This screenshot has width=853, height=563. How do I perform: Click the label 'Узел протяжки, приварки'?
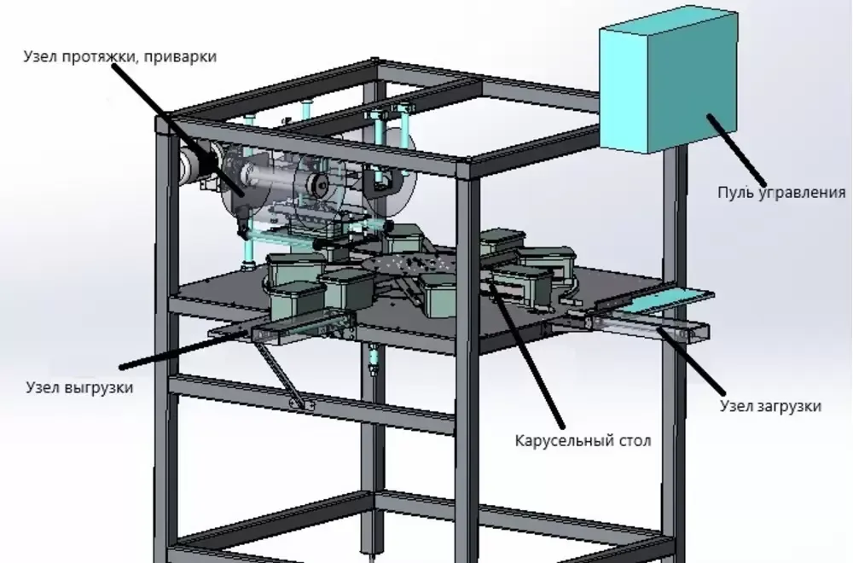click(119, 56)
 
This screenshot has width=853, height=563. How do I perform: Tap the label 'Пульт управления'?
click(781, 193)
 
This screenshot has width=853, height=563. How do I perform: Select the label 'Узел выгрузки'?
click(79, 388)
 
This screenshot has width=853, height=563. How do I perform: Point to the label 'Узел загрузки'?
click(770, 406)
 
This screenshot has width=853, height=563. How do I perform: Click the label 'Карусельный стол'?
click(583, 441)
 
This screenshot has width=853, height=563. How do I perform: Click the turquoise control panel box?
click(669, 79)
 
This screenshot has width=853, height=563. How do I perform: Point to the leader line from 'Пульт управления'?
click(736, 150)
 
